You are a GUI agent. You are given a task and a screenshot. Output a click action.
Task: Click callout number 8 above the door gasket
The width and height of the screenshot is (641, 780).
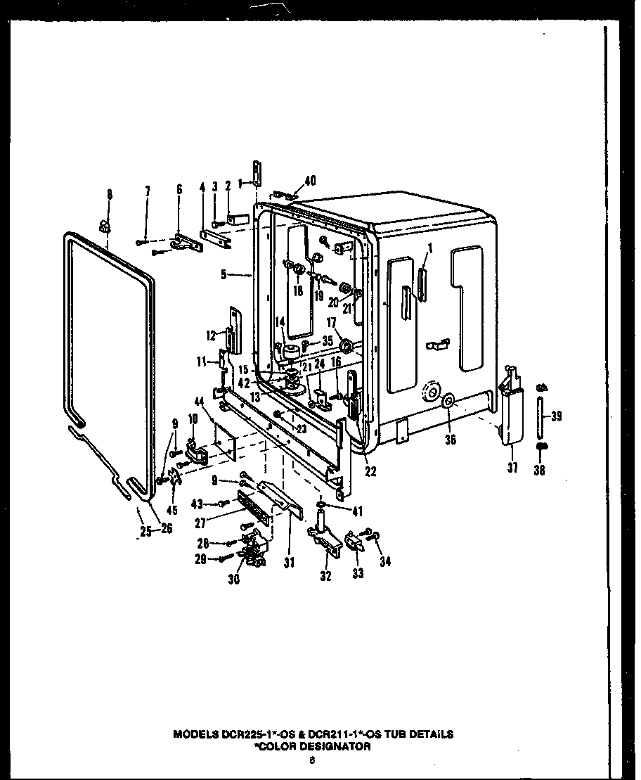click(x=109, y=193)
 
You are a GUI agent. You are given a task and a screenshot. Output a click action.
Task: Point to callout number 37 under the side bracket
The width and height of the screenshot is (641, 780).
click(x=513, y=467)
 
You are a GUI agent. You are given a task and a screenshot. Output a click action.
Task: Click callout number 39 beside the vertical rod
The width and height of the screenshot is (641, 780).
click(x=556, y=416)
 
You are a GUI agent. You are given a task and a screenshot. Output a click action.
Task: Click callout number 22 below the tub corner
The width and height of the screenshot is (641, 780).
click(x=370, y=471)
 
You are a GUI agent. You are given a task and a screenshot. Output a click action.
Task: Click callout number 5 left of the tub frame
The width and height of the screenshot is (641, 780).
click(x=223, y=276)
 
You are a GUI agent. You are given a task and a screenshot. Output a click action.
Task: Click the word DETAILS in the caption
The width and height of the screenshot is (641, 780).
click(x=429, y=734)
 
